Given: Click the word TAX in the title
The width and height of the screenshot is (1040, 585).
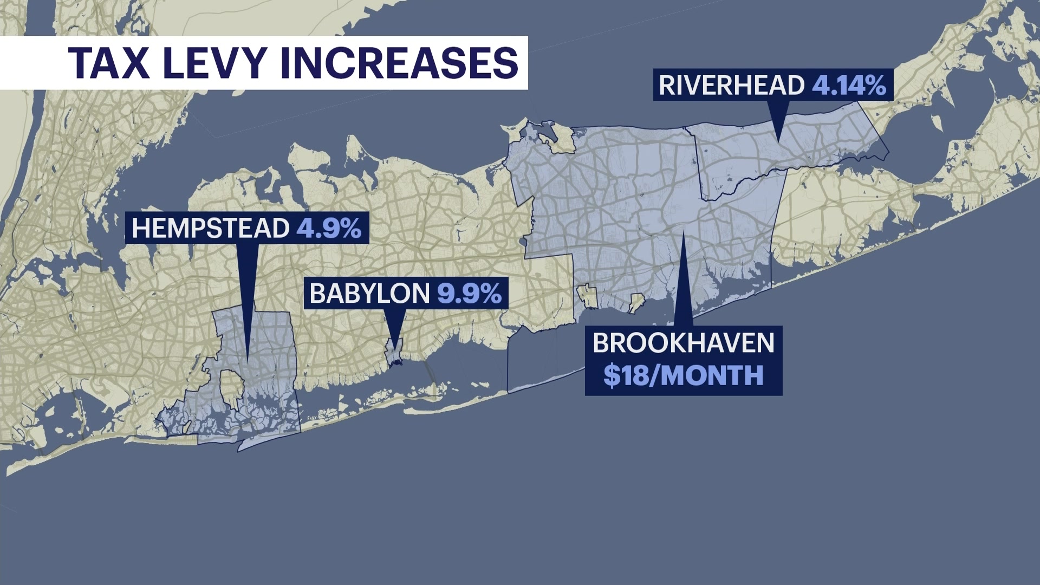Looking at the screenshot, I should [x=108, y=63].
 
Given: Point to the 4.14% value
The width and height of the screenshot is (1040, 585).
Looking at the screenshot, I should [x=849, y=86].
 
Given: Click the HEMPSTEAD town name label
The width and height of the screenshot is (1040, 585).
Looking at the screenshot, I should [x=210, y=228].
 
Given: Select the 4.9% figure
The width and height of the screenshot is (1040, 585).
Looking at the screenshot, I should [x=329, y=228].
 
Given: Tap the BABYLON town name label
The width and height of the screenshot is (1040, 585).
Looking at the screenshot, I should [x=369, y=294].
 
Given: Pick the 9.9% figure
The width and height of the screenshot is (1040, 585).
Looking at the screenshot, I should [x=469, y=294].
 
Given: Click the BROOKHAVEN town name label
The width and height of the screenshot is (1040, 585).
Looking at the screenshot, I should [x=684, y=343].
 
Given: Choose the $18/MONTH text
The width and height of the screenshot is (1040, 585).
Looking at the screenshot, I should [x=684, y=375].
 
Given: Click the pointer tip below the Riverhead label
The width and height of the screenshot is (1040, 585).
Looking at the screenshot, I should [x=778, y=141].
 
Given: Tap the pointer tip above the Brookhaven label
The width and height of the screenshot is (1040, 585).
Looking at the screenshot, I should [x=684, y=233].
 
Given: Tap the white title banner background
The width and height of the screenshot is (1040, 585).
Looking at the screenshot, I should [x=32, y=63].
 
